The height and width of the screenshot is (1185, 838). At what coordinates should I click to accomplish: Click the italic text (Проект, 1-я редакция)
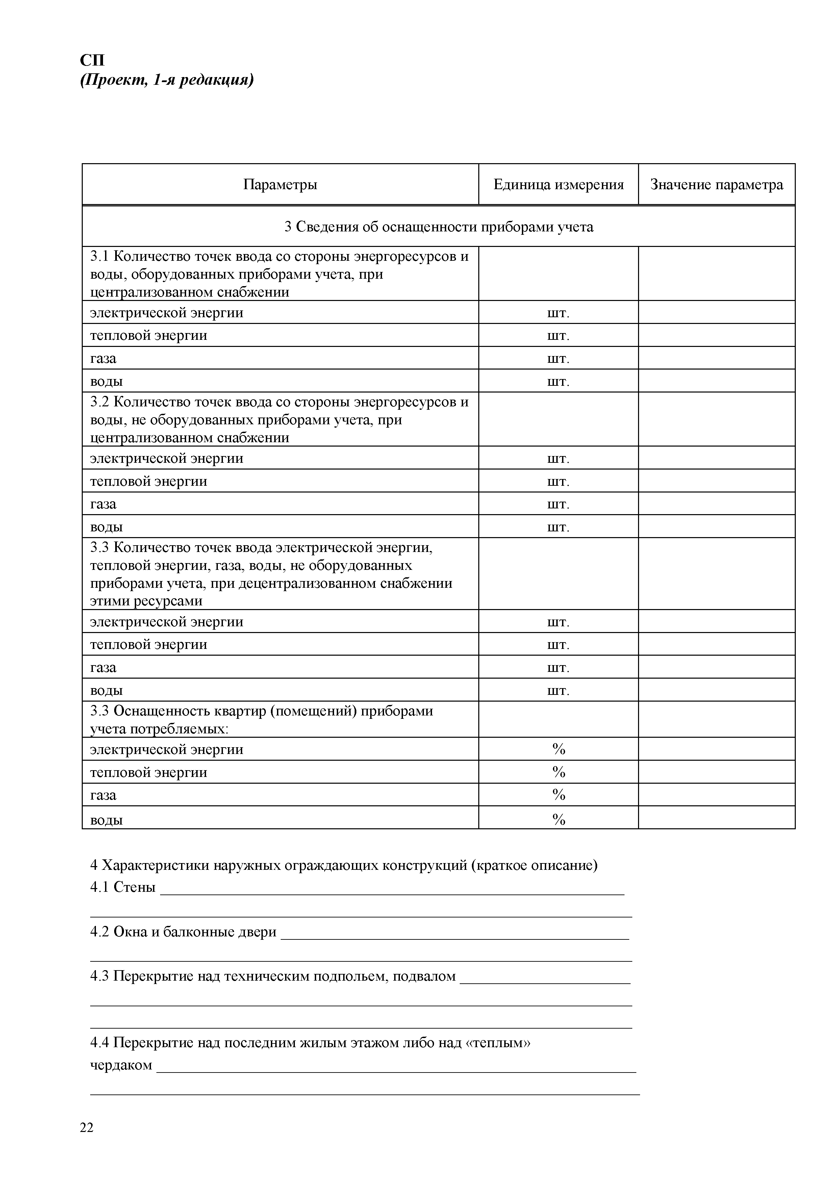coord(167,80)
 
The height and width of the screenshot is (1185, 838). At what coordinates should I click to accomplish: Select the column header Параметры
coord(280,184)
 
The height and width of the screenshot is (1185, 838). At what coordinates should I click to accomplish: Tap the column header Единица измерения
coord(558,184)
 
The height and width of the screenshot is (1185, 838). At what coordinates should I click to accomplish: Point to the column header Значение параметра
coord(716,184)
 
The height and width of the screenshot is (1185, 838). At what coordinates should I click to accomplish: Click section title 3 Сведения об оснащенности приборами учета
coord(439,227)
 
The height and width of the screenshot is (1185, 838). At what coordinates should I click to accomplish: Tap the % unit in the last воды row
coord(558,819)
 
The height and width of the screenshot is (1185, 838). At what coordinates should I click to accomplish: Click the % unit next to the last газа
coord(558,795)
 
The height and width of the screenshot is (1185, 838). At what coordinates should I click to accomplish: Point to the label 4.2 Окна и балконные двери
coord(183,932)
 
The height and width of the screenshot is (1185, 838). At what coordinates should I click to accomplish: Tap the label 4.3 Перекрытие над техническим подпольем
coord(273,977)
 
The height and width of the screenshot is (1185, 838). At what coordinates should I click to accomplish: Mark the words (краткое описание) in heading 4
coord(534,865)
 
